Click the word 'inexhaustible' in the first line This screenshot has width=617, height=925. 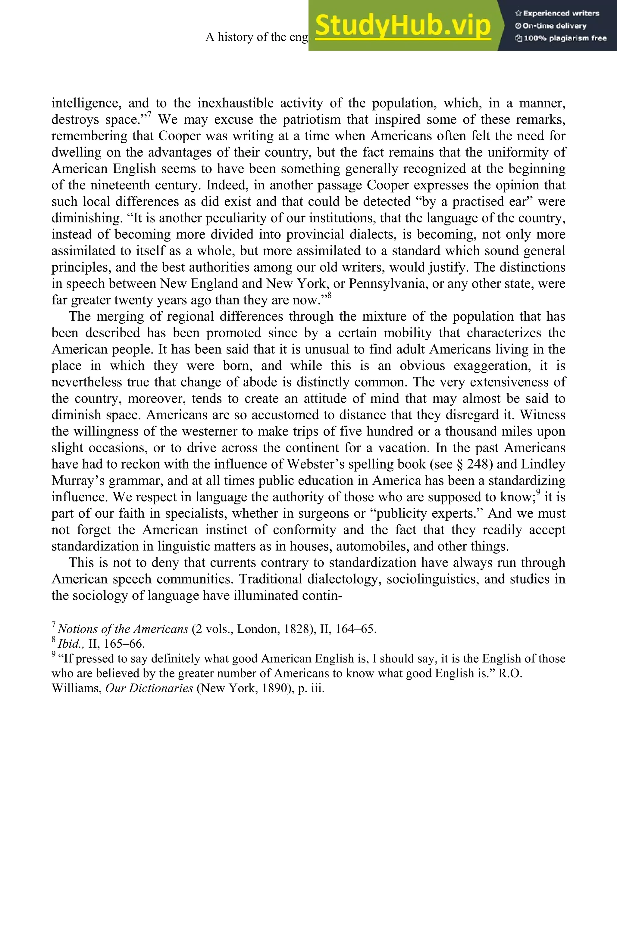coord(235,103)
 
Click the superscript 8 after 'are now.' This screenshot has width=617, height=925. coord(329,295)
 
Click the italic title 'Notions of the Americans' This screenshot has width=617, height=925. coord(123,629)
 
